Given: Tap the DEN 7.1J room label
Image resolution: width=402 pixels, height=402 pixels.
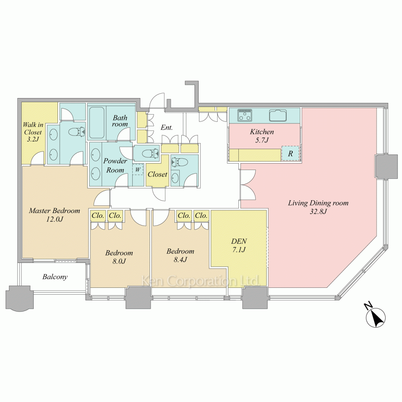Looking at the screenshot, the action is point(239,245).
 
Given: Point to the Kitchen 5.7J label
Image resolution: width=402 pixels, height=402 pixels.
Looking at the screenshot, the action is point(262,136).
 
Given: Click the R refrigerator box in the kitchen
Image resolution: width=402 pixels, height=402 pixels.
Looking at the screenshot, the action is point(291,154).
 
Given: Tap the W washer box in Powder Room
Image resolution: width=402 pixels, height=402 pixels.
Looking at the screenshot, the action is point(137,170).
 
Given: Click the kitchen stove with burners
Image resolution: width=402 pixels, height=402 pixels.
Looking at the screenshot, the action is point(245,115).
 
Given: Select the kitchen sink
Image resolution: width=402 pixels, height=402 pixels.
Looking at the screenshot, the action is point(278,115).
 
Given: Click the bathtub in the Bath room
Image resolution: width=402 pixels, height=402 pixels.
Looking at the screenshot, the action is point(96,123).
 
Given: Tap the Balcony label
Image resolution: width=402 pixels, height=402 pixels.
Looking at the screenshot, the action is point(55,277).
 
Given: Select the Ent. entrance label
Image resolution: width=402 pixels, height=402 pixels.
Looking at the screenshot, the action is point(167,127).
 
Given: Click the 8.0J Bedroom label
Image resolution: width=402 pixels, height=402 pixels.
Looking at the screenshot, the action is point(119,257).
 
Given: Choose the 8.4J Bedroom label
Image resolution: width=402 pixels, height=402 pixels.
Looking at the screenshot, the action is point(180,255).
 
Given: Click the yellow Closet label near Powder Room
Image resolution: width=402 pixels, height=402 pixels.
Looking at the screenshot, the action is point(158,174).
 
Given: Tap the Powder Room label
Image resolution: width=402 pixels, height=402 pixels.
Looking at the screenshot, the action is point(115,165).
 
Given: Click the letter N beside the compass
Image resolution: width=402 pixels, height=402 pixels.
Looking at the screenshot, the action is point(368,306).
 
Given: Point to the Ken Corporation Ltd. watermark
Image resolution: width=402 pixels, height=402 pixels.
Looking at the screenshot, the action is point(201,281).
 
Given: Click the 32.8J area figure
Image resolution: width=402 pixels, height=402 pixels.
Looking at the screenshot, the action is point(318,211).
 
